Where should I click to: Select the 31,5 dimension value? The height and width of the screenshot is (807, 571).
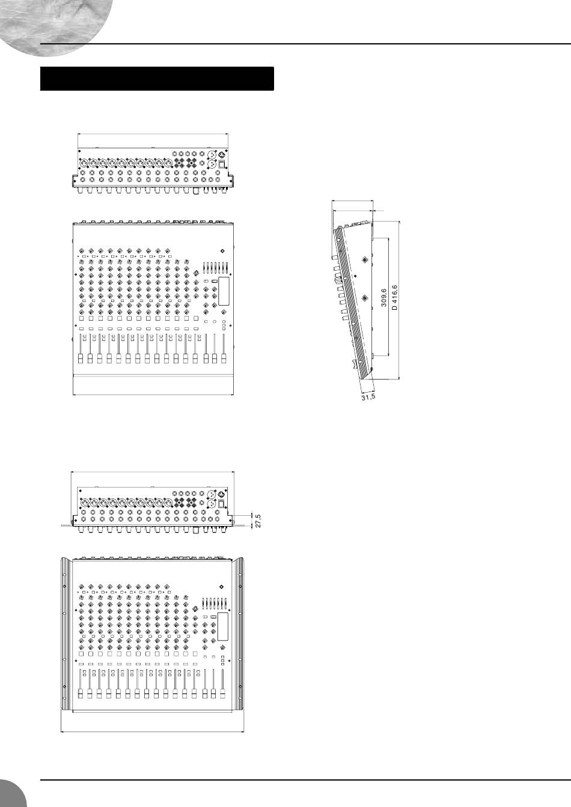click(x=368, y=397)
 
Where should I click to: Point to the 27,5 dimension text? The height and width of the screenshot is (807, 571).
click(x=258, y=521)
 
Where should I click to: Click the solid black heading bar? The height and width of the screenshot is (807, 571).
click(x=157, y=79)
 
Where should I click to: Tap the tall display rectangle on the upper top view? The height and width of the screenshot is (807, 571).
click(x=224, y=291)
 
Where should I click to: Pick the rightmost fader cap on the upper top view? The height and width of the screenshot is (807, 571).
click(x=224, y=358)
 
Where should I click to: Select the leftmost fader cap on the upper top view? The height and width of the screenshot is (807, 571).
click(x=81, y=358)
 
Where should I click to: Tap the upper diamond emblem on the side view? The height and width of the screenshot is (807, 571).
click(x=365, y=261)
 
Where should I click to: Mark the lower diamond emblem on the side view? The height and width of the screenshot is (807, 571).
click(x=365, y=297)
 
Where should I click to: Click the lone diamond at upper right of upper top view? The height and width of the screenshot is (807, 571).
click(x=222, y=251)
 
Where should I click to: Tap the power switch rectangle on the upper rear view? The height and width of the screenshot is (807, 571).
click(x=221, y=164)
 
